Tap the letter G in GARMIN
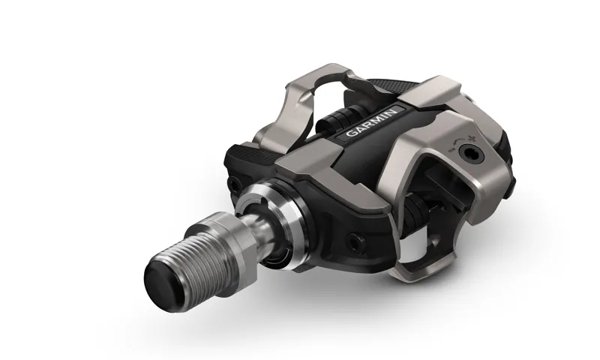[x=349, y=136]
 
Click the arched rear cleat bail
[x=300, y=105]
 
